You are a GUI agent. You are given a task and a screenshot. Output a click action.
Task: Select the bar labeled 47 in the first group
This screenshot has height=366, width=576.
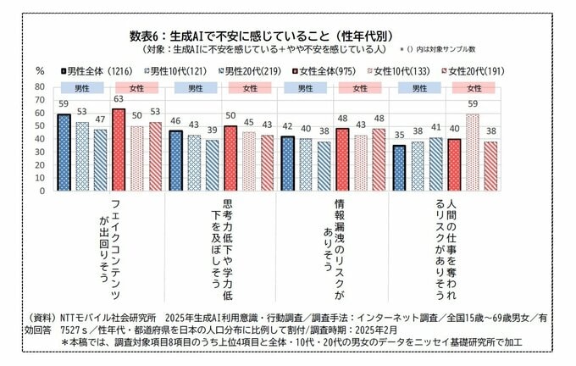pyautogui.click(x=100, y=159)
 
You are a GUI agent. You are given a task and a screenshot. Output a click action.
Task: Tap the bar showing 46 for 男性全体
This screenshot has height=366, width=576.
pyautogui.click(x=175, y=160)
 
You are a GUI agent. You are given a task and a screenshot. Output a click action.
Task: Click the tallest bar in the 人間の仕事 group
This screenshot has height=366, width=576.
pyautogui.click(x=473, y=152)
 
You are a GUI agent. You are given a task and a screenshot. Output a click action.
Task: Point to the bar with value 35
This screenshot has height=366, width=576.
pyautogui.click(x=399, y=167)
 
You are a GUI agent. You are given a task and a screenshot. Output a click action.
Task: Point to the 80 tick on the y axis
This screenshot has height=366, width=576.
pyautogui.click(x=39, y=86)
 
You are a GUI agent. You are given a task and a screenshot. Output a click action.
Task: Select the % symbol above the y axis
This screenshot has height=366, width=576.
pyautogui.click(x=39, y=71)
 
